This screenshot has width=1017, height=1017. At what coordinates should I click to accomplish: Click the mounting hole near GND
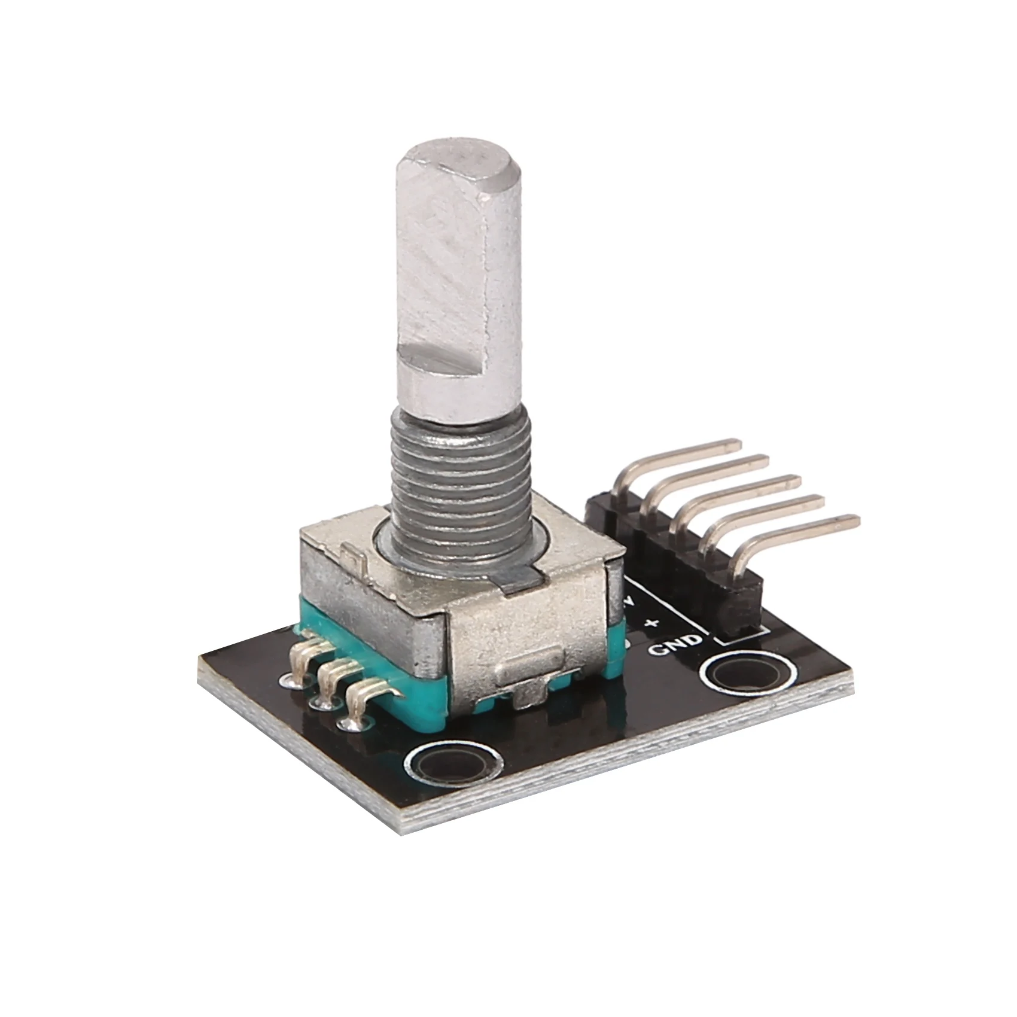pyautogui.click(x=738, y=678)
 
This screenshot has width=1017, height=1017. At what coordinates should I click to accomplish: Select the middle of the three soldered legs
pyautogui.click(x=333, y=676)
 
